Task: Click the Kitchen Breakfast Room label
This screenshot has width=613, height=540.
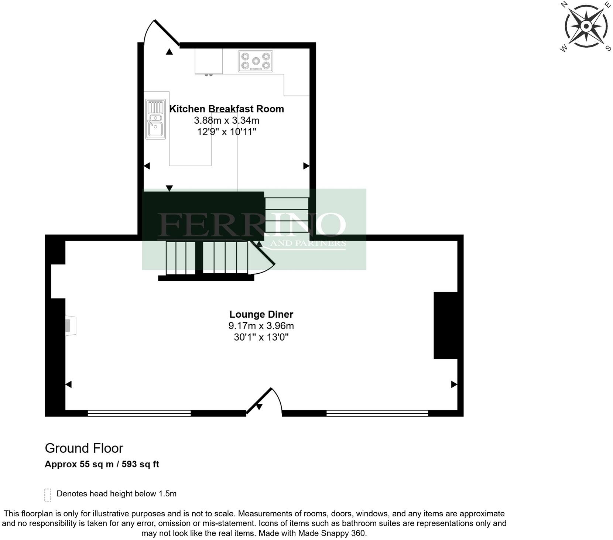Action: pos(226,109)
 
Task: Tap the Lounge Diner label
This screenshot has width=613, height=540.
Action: pos(261,314)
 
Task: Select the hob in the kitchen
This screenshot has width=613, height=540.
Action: pos(255,61)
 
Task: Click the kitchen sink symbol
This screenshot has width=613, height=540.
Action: pos(155,119)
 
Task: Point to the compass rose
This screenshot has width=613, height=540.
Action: pos(586,26)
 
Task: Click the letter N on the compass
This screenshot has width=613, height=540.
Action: pos(564,4)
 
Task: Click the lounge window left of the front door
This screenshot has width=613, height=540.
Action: pos(139,413)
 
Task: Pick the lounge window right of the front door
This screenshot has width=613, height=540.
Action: pos(377,413)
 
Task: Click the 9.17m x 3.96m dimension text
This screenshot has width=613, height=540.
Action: pos(261,326)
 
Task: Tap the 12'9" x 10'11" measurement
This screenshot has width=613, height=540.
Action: pos(226,131)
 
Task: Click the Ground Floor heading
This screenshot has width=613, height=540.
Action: pos(84,448)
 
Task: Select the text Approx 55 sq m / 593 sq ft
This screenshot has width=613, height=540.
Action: pos(102,464)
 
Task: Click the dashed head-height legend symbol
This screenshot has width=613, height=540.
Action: pos(48,495)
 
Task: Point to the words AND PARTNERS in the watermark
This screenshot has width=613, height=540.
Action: pos(308,243)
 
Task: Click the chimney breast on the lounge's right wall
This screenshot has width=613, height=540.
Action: pos(445,325)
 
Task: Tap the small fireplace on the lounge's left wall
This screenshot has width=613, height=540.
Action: pos(70,326)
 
